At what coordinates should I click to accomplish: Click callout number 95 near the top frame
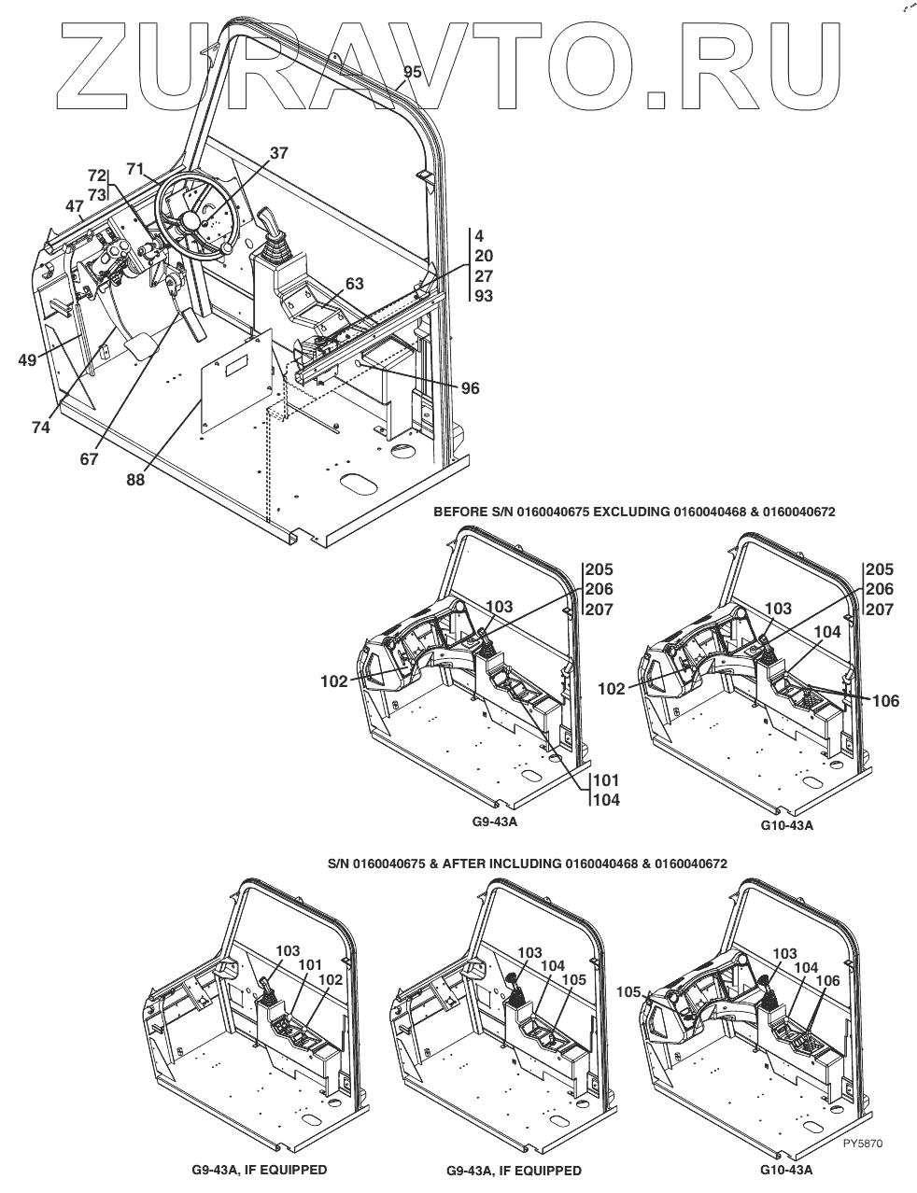pyautogui.click(x=412, y=72)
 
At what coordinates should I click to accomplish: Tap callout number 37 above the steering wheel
pyautogui.click(x=279, y=153)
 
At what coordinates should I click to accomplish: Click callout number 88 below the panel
pyautogui.click(x=137, y=480)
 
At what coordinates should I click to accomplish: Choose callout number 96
pyautogui.click(x=470, y=387)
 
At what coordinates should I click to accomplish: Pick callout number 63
pyautogui.click(x=354, y=284)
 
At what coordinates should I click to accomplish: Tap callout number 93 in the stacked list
pyautogui.click(x=484, y=297)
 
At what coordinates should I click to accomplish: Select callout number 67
pyautogui.click(x=88, y=459)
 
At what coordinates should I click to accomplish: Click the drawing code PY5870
pyautogui.click(x=862, y=1143)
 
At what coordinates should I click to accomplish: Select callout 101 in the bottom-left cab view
pyautogui.click(x=309, y=963)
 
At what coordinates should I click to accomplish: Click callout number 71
pyautogui.click(x=135, y=169)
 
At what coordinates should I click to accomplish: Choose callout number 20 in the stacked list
pyautogui.click(x=484, y=256)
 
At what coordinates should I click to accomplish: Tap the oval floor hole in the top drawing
pyautogui.click(x=358, y=483)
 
